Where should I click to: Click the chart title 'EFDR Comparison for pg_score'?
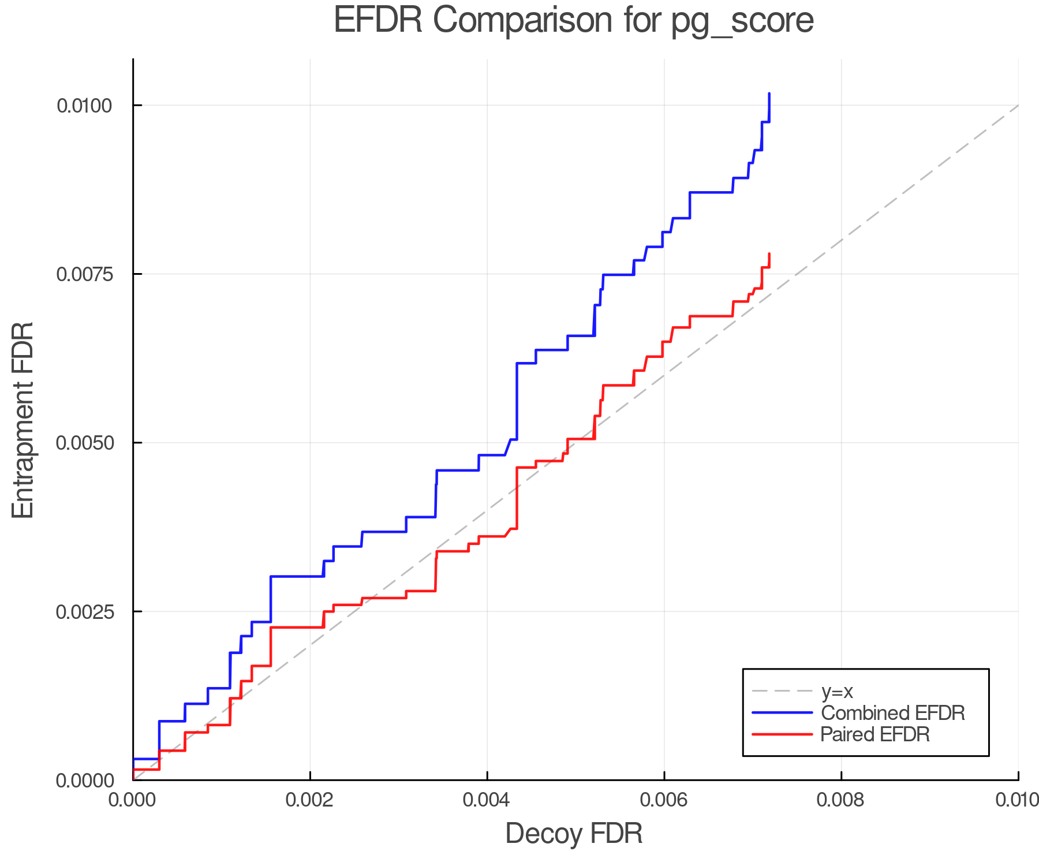(x=573, y=21)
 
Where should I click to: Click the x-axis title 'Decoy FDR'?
(x=573, y=834)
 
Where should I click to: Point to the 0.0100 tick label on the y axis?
(x=84, y=106)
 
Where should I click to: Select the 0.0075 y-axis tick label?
(x=84, y=274)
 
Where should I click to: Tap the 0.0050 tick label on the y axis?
(x=84, y=443)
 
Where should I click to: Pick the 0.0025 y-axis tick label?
(x=84, y=611)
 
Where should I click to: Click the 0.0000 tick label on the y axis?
(x=84, y=781)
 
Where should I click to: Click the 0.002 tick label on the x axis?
(x=310, y=800)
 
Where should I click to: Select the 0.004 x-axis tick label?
(x=487, y=800)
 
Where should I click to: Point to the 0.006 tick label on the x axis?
(x=664, y=800)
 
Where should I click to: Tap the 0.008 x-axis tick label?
(x=841, y=800)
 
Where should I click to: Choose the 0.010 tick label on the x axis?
(x=1017, y=800)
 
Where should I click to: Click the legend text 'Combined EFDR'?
(x=892, y=713)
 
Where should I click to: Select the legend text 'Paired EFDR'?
(x=875, y=734)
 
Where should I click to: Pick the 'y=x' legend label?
(x=837, y=691)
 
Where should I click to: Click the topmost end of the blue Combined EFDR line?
(x=769, y=94)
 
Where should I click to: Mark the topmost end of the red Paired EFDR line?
(x=769, y=254)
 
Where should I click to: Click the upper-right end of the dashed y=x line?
(x=1018, y=106)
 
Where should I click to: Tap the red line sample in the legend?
(x=783, y=734)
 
